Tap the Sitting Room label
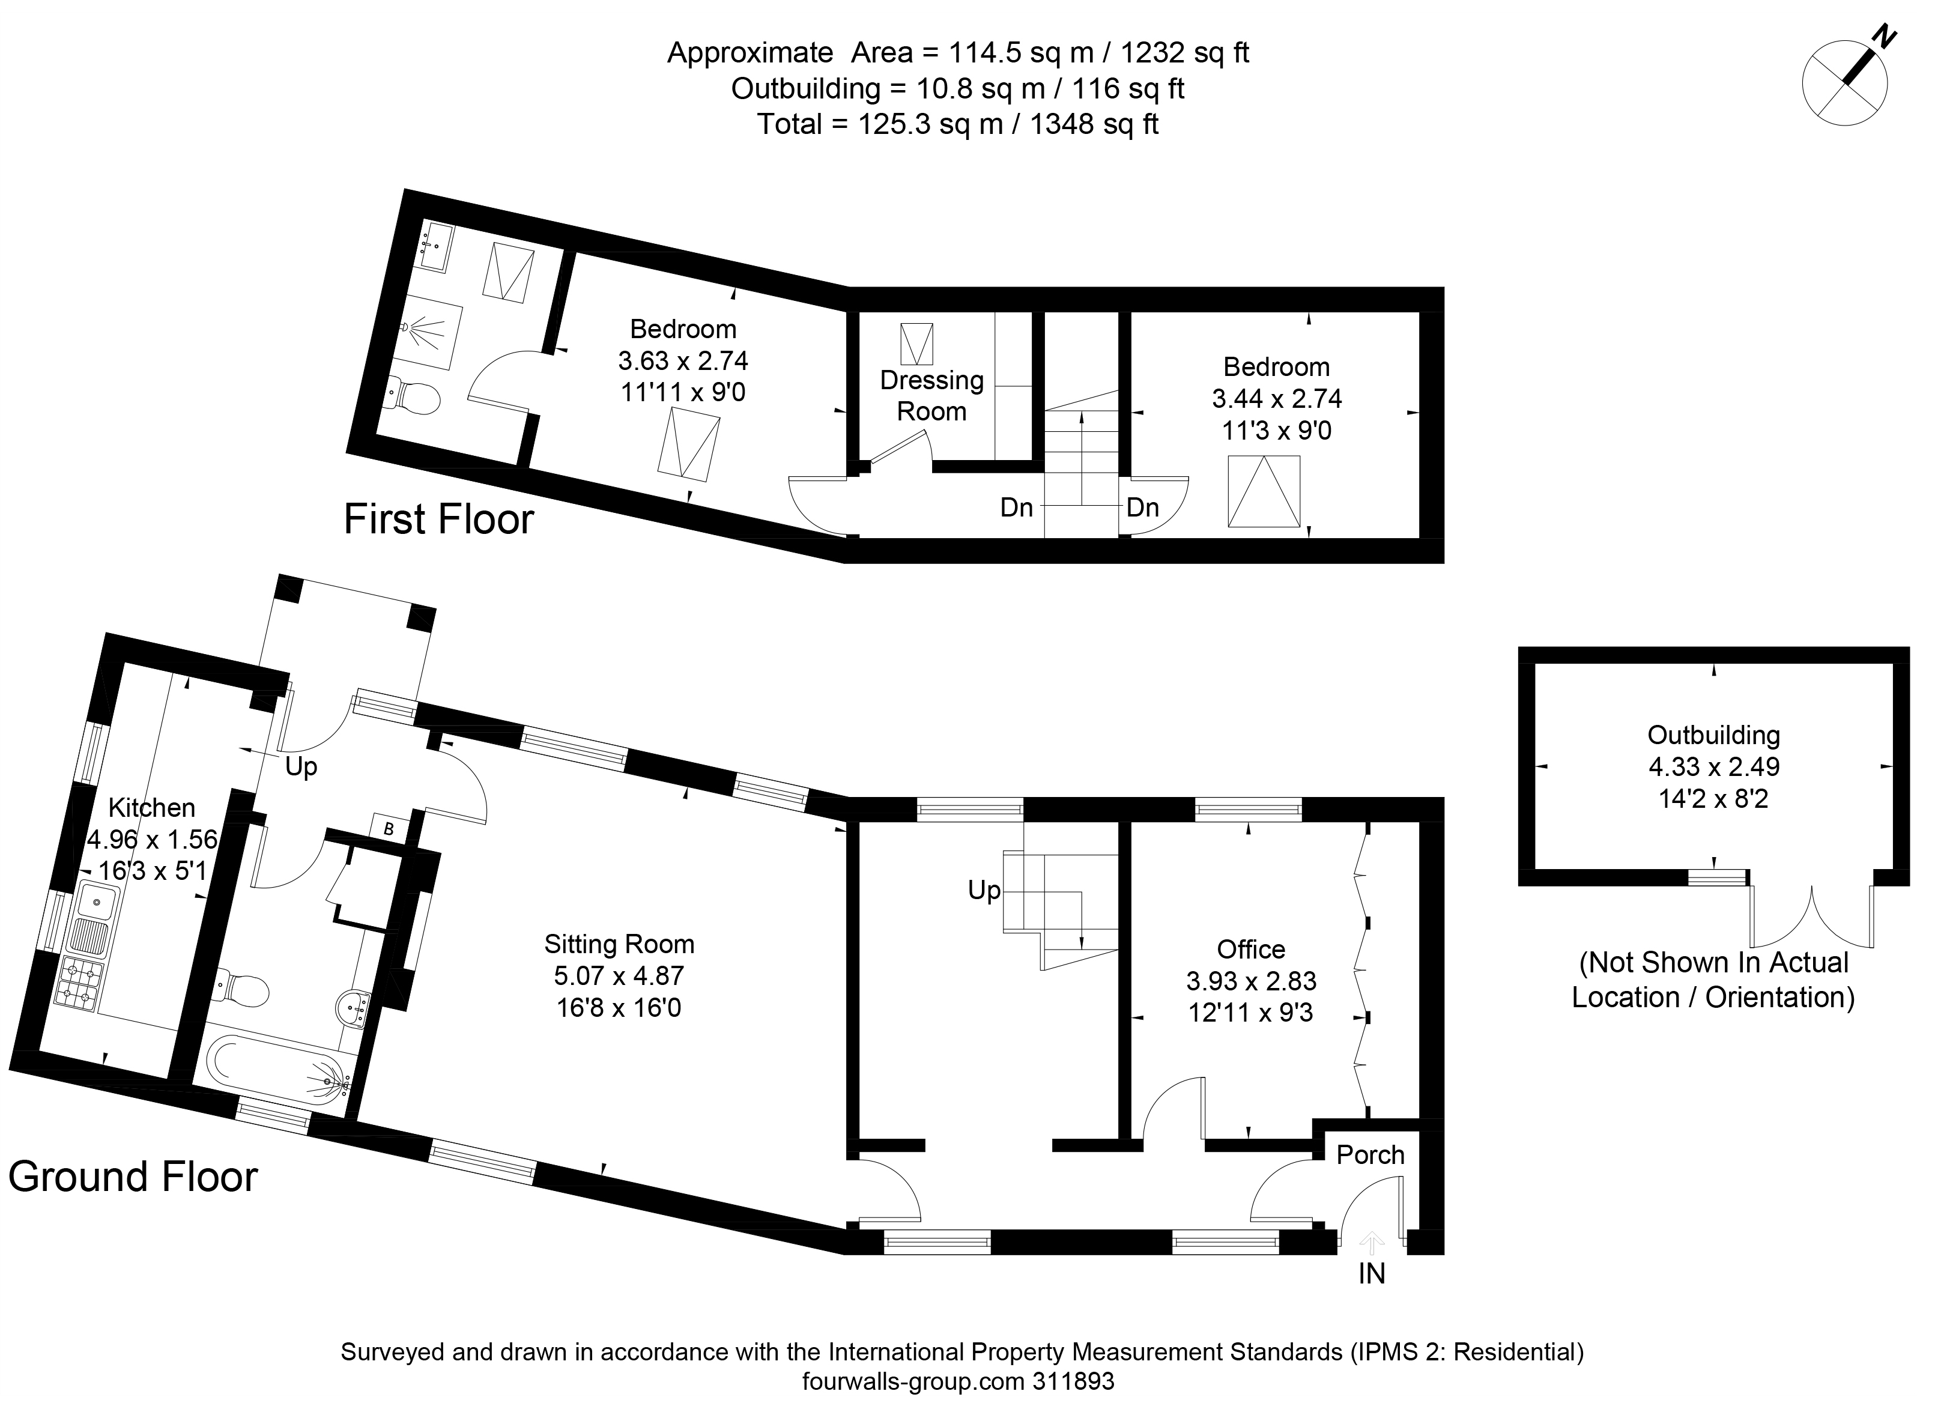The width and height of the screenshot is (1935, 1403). (619, 944)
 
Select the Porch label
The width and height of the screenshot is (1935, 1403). (1370, 1155)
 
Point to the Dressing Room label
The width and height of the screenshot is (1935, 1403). (931, 395)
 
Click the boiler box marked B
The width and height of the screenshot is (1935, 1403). (389, 829)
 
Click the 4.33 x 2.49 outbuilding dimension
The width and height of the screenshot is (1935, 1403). (1714, 766)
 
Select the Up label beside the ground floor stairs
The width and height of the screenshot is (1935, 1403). (984, 891)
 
